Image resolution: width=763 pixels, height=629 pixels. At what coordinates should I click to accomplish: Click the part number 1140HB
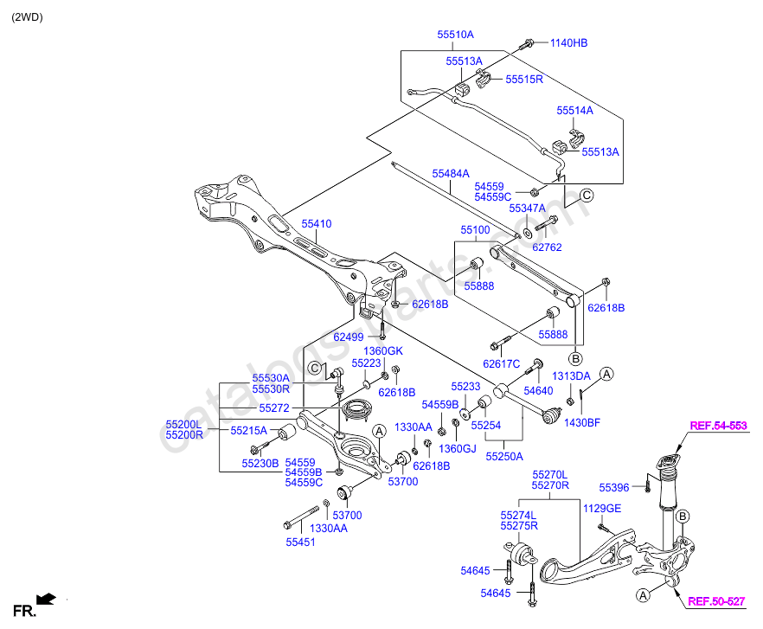(568, 42)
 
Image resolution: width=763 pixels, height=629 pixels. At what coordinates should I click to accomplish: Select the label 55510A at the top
(455, 35)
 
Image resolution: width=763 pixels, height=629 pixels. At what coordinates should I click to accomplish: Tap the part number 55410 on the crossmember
(316, 224)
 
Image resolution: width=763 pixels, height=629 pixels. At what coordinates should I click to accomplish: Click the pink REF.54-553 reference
(717, 426)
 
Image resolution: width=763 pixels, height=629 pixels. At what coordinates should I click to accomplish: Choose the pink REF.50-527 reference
(715, 600)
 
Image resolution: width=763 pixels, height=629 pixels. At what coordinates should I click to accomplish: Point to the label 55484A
(451, 174)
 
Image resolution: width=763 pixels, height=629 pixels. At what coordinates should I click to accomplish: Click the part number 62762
(547, 247)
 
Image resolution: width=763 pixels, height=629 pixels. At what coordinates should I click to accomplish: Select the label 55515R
(524, 79)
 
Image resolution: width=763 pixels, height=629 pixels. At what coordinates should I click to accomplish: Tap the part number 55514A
(574, 111)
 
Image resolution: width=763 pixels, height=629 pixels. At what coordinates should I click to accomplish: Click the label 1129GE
(601, 509)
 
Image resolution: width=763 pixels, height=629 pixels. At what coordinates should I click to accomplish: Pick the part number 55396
(616, 488)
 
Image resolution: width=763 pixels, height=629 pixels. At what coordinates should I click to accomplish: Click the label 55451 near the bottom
(301, 542)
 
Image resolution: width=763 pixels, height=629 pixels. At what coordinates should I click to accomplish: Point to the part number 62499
(349, 337)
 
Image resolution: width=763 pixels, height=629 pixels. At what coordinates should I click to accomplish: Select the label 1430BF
(582, 423)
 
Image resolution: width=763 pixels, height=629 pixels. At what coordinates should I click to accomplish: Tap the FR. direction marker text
(23, 612)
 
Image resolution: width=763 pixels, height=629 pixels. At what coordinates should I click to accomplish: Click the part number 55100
(475, 231)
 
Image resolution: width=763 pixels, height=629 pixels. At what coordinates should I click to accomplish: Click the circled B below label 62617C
(574, 357)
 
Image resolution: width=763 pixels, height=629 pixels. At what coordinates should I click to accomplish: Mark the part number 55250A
(503, 454)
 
